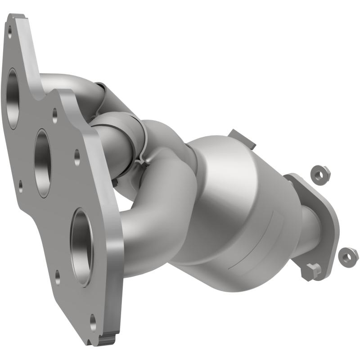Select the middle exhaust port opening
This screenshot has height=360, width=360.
(x=43, y=163)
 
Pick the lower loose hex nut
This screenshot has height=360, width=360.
(x=348, y=256)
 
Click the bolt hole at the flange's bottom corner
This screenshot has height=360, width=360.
(x=93, y=322)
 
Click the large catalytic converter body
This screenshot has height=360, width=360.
(x=234, y=207)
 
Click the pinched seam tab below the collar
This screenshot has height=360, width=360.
(x=140, y=160)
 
